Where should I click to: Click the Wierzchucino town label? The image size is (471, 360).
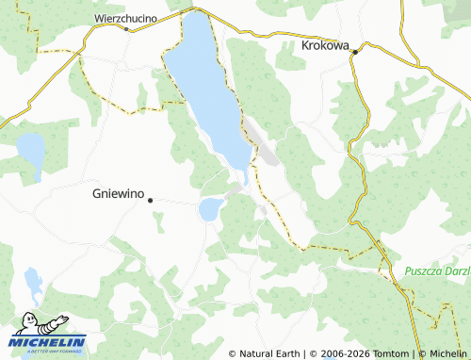[125, 17]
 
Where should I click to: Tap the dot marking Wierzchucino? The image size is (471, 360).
[126, 28]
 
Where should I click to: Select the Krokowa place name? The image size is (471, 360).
[325, 43]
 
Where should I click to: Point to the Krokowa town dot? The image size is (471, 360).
[354, 53]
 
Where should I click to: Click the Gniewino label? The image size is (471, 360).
[118, 194]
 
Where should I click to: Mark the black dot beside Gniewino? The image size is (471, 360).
[150, 199]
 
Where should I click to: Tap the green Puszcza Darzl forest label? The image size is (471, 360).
[436, 270]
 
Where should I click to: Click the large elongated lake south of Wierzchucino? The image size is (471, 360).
[207, 85]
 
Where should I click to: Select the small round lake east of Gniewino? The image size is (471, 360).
[210, 209]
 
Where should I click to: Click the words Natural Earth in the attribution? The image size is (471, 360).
[269, 353]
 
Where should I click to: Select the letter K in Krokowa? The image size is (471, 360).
[305, 43]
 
